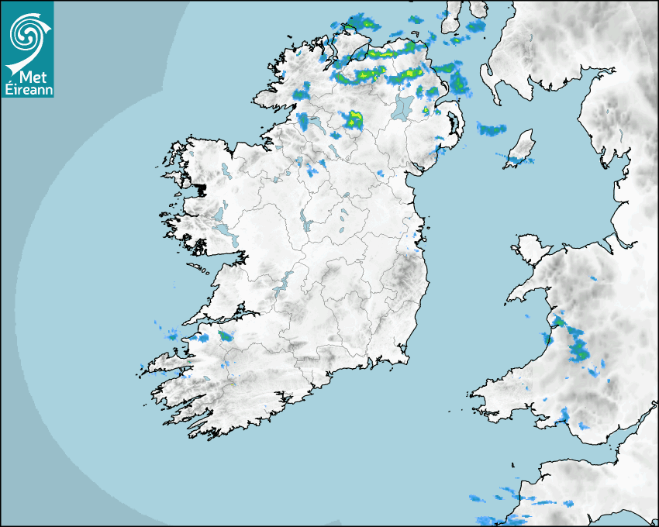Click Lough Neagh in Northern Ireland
(x=403, y=108)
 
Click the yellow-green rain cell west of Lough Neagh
(x=354, y=119)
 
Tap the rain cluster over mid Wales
(x=578, y=345)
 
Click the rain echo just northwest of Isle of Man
(x=491, y=129)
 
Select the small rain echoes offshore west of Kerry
(x=167, y=332)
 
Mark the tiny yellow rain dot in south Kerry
(x=232, y=385)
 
